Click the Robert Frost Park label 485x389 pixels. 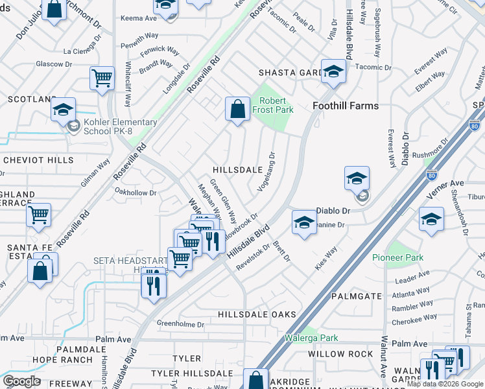point(277,106)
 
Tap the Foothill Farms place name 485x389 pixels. point(346,106)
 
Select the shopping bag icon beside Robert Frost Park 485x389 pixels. point(238,108)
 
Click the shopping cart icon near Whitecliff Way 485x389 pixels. point(102,78)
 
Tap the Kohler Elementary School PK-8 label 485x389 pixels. point(120,126)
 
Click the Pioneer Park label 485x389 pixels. point(397,257)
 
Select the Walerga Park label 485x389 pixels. point(311,338)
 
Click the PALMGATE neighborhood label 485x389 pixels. point(357,296)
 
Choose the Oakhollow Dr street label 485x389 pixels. point(136,193)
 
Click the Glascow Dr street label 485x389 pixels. point(53,64)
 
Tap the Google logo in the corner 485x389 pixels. point(22,381)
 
